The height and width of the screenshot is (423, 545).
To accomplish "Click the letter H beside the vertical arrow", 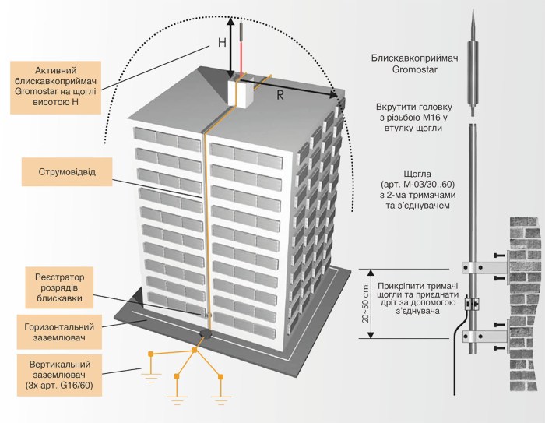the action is click(222, 42).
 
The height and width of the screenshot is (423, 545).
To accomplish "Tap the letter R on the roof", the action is click(280, 95).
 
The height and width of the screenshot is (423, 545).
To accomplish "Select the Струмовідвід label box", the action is click(67, 172).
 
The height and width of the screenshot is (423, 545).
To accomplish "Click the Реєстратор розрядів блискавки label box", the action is click(59, 287).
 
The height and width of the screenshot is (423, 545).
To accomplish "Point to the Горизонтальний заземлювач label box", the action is click(59, 332).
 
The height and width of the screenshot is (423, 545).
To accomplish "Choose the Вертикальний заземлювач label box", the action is click(59, 375).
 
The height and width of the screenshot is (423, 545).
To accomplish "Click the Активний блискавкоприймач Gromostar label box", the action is click(55, 88).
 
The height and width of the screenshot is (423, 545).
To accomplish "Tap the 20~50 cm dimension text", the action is click(365, 304).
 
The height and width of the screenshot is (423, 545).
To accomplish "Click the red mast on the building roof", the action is click(241, 49).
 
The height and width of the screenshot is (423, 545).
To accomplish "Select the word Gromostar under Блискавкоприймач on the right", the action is click(415, 69).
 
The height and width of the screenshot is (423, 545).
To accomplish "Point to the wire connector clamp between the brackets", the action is click(473, 304).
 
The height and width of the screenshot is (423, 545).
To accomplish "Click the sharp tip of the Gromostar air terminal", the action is click(473, 10).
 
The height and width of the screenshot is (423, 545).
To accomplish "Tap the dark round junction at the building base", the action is click(206, 333).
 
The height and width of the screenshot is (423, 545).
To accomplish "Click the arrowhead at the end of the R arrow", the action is click(333, 94).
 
